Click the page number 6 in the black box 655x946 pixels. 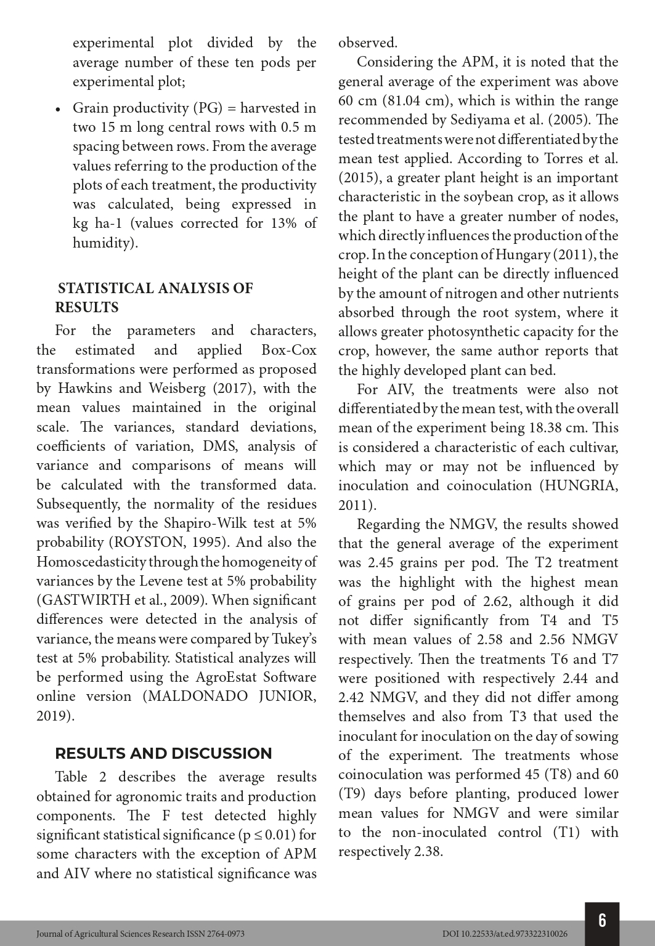[x=602, y=920]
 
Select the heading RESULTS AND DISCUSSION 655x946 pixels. [x=163, y=753]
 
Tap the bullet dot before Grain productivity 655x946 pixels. [x=58, y=110]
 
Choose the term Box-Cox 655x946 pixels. [x=289, y=350]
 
